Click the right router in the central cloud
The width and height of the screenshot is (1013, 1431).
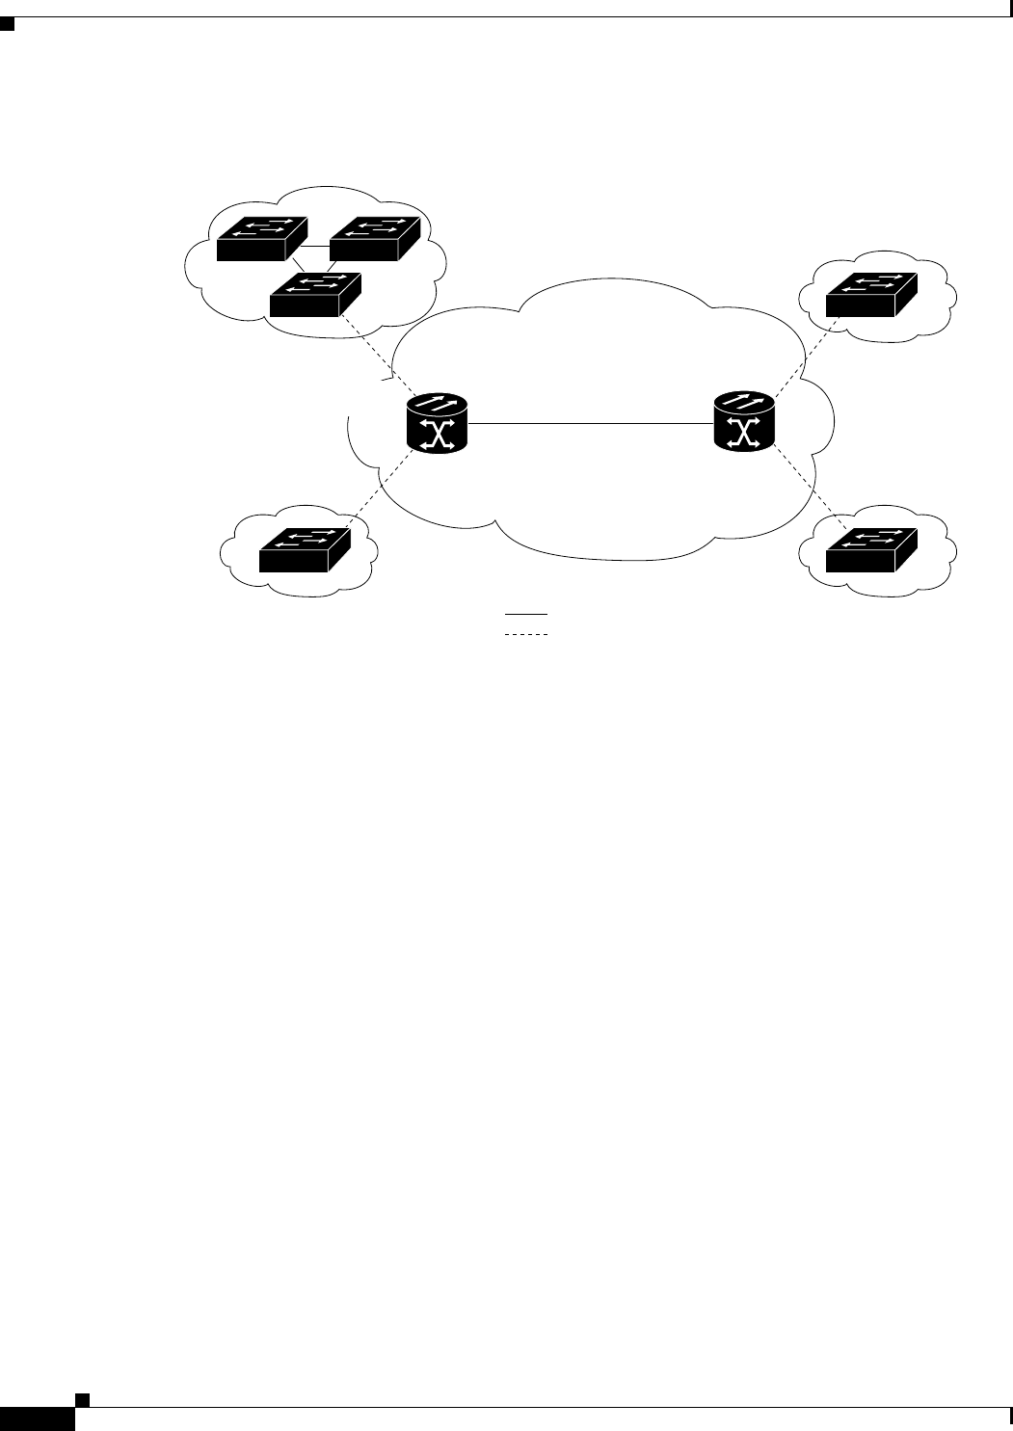743,422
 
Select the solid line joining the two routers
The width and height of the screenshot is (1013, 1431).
590,423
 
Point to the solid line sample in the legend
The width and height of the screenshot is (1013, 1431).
524,614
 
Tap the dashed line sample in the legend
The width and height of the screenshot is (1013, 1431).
524,635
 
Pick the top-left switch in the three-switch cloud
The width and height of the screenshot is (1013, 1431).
261,239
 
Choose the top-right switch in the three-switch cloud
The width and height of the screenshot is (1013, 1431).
375,239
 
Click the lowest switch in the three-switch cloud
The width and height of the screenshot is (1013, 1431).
315,295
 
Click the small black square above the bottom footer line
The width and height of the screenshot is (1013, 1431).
84,1399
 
